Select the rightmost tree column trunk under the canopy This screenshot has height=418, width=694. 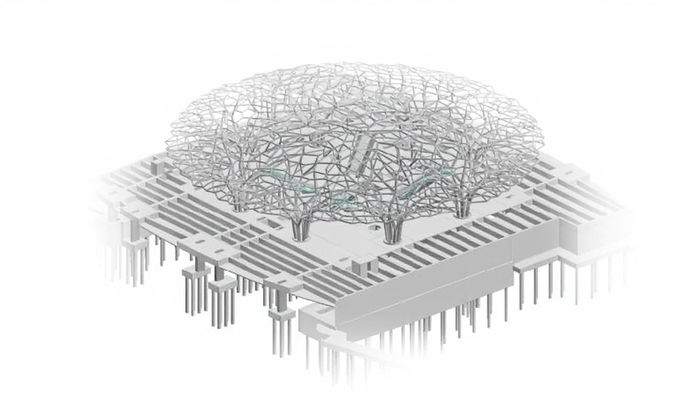pos(461,209)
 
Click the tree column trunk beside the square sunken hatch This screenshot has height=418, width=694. pos(300,230)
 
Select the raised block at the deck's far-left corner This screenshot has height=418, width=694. pos(157,166)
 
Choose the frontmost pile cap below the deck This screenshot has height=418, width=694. pos(281,315)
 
